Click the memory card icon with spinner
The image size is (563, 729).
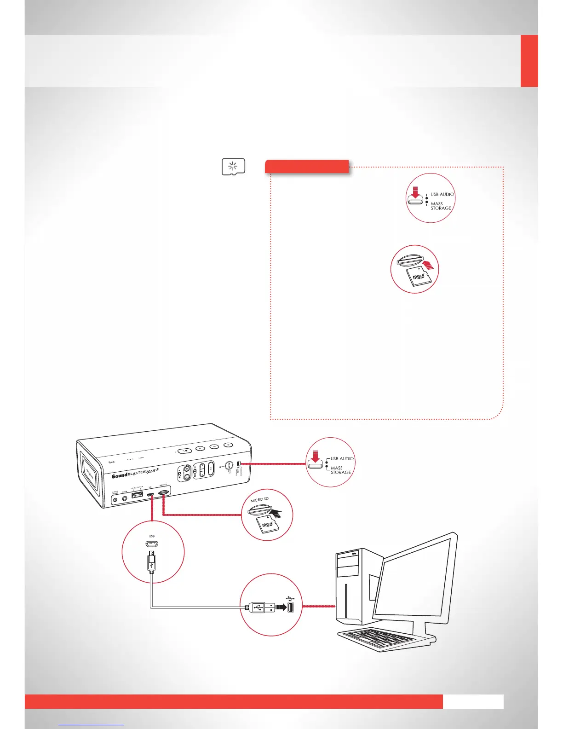pyautogui.click(x=233, y=167)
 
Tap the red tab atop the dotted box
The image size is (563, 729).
pyautogui.click(x=307, y=166)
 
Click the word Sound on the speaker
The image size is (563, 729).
pyautogui.click(x=119, y=475)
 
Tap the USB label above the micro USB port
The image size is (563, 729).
pyautogui.click(x=152, y=536)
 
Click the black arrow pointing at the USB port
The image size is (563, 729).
pyautogui.click(x=281, y=607)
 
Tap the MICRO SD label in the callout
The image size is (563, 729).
pyautogui.click(x=259, y=499)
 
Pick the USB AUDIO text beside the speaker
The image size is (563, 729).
pyautogui.click(x=342, y=459)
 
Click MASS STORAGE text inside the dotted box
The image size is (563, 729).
pyautogui.click(x=441, y=206)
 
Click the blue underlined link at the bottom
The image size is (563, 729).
pyautogui.click(x=91, y=724)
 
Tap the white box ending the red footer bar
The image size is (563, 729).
pyautogui.click(x=473, y=701)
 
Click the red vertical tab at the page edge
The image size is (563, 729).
pyautogui.click(x=529, y=61)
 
